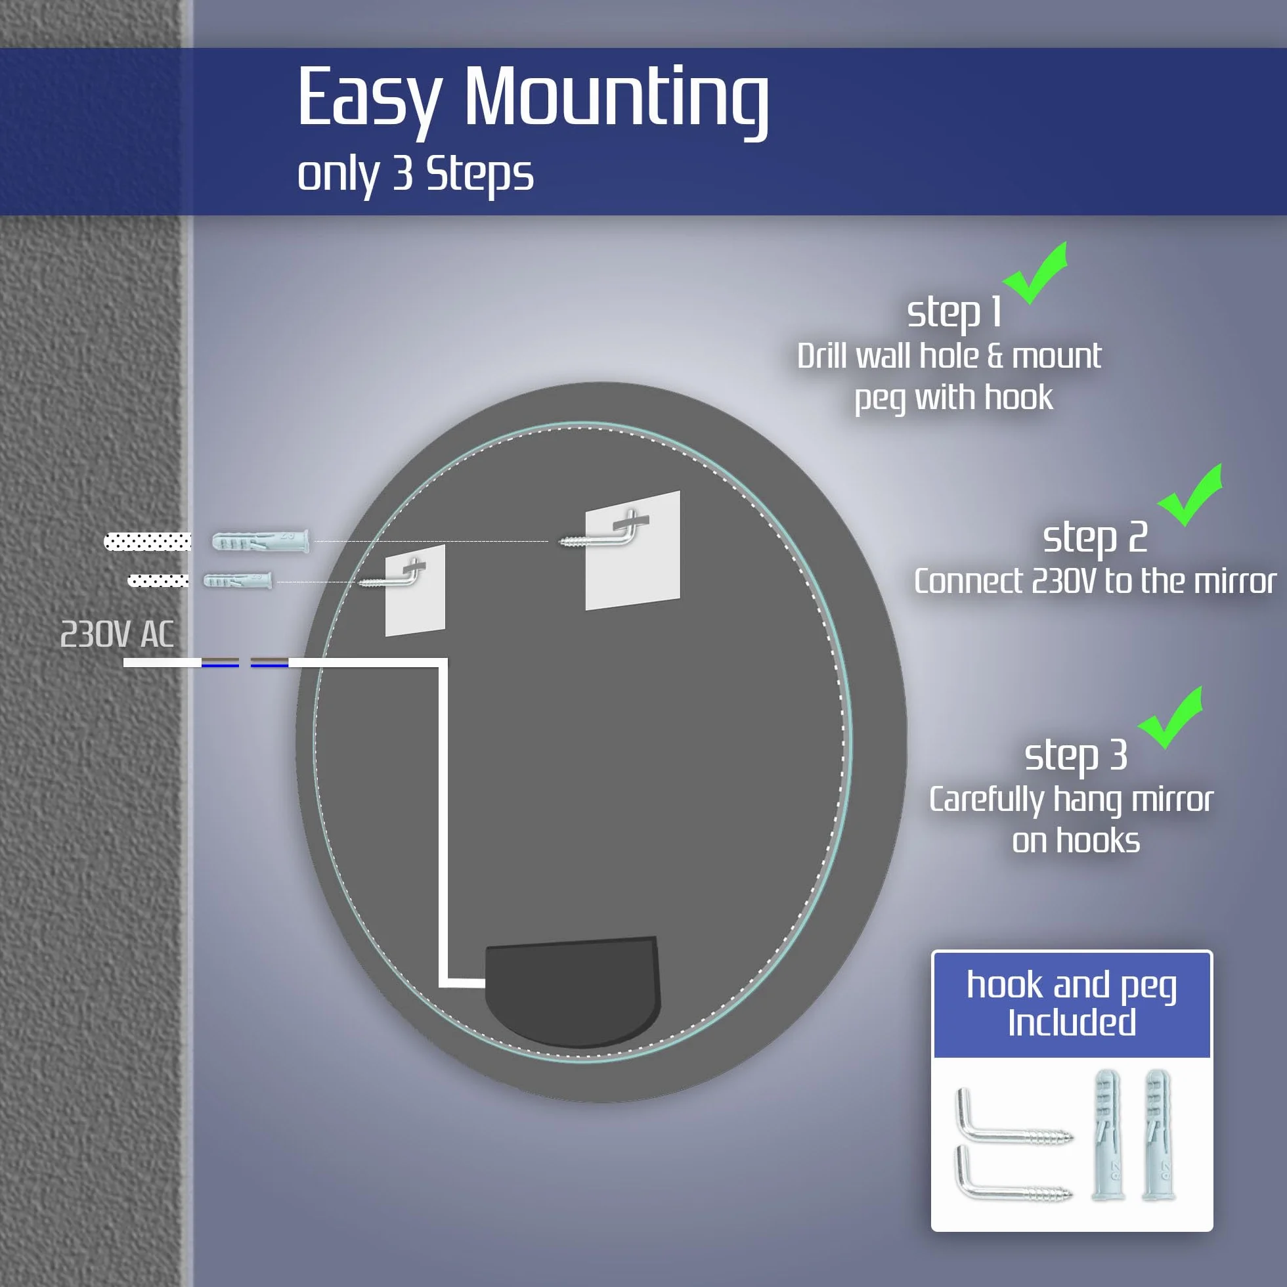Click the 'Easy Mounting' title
click(533, 98)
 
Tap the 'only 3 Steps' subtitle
click(415, 175)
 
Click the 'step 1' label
click(954, 313)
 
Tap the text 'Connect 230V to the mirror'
click(1095, 582)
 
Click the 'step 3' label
click(1076, 756)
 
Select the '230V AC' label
click(118, 634)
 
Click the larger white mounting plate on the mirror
click(633, 550)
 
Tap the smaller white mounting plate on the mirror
click(415, 590)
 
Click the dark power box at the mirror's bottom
click(573, 992)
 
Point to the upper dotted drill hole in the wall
click(147, 542)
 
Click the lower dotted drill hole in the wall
click(158, 581)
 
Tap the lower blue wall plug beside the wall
click(237, 580)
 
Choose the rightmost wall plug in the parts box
click(1158, 1135)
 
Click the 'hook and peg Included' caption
click(1072, 1004)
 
